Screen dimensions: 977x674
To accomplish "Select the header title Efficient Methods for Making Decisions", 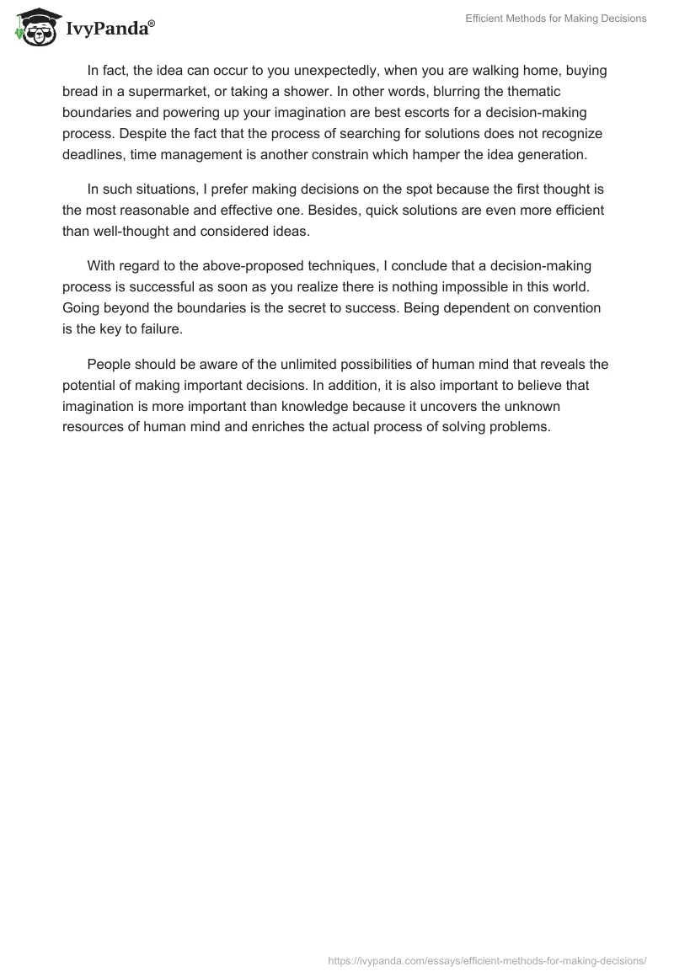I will pyautogui.click(x=555, y=19).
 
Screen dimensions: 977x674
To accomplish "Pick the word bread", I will pyautogui.click(x=81, y=92).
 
